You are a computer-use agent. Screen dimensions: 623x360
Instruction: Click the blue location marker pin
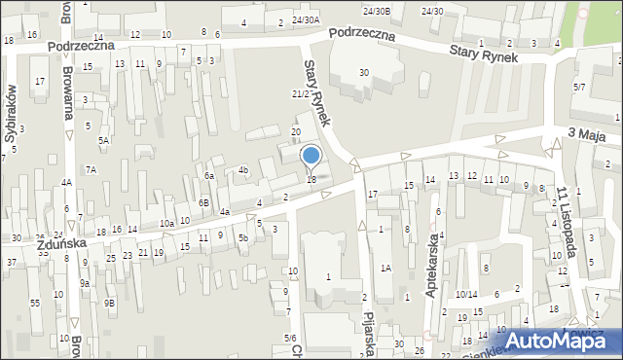pyautogui.click(x=311, y=157)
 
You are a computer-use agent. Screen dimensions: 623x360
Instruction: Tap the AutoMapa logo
pyautogui.click(x=553, y=342)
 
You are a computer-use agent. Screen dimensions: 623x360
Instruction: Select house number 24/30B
pyautogui.click(x=376, y=11)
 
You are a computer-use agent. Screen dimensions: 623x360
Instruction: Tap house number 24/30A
pyautogui.click(x=305, y=19)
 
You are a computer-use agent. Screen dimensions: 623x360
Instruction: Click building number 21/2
pyautogui.click(x=301, y=93)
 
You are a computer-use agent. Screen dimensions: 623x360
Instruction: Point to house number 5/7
pyautogui.click(x=579, y=88)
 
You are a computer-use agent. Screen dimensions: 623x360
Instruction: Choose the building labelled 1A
pyautogui.click(x=385, y=268)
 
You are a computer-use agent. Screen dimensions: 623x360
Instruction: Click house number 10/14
pyautogui.click(x=465, y=294)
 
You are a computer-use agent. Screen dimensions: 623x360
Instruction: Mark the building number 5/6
pyautogui.click(x=289, y=338)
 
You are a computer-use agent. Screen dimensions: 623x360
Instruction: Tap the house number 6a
pyautogui.click(x=208, y=176)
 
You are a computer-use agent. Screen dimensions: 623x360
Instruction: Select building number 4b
pyautogui.click(x=243, y=170)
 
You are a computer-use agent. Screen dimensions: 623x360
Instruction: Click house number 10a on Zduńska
pyautogui.click(x=166, y=224)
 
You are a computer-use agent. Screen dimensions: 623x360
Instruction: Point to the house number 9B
pyautogui.click(x=110, y=303)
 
